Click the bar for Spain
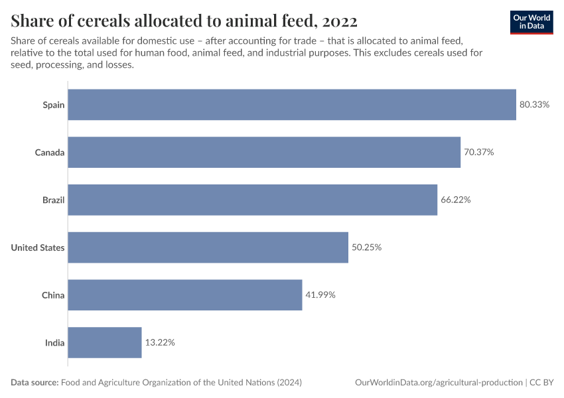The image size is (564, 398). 292,105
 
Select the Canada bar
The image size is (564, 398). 264,153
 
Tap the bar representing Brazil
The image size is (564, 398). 253,200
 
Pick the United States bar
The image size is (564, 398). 208,247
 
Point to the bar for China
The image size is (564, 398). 185,295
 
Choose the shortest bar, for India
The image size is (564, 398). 105,343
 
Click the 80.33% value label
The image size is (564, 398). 534,105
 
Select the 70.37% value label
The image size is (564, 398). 479,153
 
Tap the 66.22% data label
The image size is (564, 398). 456,200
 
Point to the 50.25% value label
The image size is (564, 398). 367,247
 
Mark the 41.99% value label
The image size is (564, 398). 320,295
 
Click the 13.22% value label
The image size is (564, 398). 160,343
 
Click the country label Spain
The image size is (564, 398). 53,105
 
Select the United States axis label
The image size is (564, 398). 38,248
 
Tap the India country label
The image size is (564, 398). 54,343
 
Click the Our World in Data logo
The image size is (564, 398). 532,21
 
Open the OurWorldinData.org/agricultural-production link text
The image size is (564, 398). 439,383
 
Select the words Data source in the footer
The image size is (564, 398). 35,383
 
